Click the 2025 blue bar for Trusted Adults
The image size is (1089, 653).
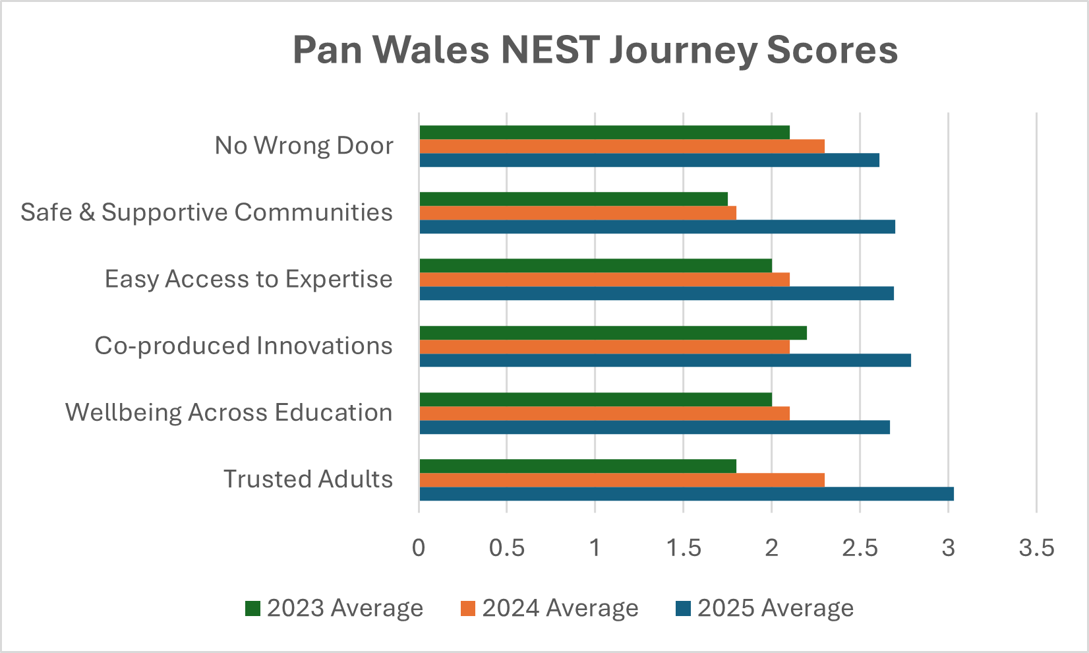point(686,494)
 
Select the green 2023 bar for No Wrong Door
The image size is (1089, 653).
point(604,133)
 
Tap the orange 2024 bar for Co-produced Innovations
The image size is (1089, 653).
point(604,346)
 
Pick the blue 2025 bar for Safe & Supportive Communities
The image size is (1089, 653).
point(657,227)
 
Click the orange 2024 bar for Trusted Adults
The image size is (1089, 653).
point(621,480)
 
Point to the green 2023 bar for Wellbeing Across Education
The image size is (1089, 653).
point(595,400)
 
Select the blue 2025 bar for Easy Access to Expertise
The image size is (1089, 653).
point(656,294)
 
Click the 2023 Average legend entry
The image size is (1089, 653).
point(334,608)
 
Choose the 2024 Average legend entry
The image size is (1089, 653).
point(550,608)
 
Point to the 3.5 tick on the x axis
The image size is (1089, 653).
point(1036,548)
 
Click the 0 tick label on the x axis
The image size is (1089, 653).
point(419,548)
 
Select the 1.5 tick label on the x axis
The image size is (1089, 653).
point(684,548)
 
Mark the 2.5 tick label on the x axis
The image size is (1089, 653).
point(860,548)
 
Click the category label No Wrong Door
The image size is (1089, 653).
point(304,146)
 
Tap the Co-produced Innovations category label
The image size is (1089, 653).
point(243,346)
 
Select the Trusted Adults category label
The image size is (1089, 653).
point(308,479)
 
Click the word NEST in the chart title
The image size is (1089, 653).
point(550,50)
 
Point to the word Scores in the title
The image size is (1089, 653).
point(832,50)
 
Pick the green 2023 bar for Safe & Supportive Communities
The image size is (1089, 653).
point(573,199)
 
